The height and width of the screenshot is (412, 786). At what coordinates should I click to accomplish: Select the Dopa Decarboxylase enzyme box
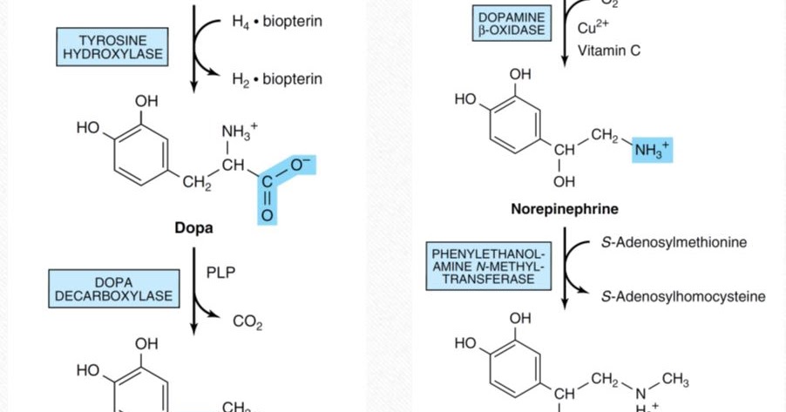pyautogui.click(x=113, y=289)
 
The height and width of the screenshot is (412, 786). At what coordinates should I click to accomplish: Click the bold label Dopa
pyautogui.click(x=193, y=228)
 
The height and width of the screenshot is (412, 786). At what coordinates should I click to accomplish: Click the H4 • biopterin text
pyautogui.click(x=276, y=21)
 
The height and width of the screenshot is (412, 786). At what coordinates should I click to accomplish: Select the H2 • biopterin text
pyautogui.click(x=276, y=79)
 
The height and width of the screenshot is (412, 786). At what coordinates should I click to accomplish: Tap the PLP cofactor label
pyautogui.click(x=220, y=273)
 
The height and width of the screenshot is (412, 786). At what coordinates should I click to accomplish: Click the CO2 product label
pyautogui.click(x=247, y=323)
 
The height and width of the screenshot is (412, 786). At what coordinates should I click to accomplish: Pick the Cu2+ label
pyautogui.click(x=593, y=28)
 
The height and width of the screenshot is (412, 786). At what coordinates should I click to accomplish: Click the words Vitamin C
pyautogui.click(x=608, y=51)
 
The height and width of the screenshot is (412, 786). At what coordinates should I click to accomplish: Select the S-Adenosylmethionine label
pyautogui.click(x=674, y=242)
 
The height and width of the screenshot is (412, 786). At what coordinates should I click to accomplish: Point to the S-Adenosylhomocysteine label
pyautogui.click(x=683, y=296)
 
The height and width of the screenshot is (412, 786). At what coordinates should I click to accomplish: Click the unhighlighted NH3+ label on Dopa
pyautogui.click(x=239, y=132)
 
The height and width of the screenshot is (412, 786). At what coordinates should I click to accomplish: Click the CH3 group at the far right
pyautogui.click(x=674, y=380)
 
